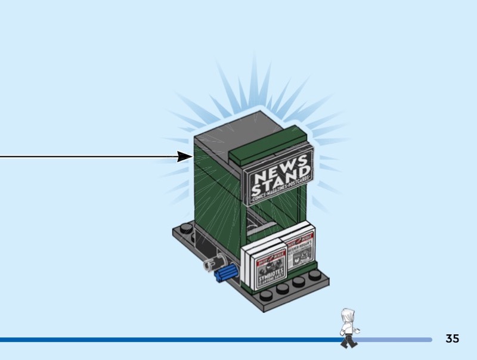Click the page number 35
click(x=453, y=339)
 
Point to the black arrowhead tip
click(x=190, y=157)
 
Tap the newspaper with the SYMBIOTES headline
click(x=270, y=270)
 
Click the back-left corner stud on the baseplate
click(x=184, y=227)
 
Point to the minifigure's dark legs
click(x=348, y=340)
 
